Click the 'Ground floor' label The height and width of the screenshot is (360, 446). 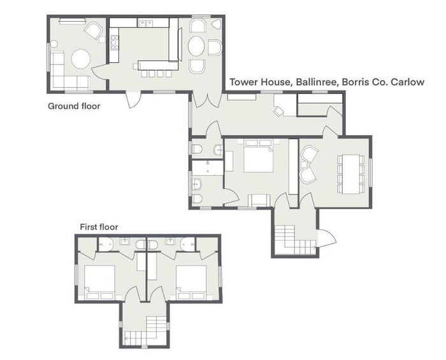point(74,106)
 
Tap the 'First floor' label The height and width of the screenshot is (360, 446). point(99,226)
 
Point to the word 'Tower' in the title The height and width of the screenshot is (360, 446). point(243,82)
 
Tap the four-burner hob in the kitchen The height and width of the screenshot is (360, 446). point(115,43)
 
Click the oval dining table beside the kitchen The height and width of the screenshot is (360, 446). point(198,47)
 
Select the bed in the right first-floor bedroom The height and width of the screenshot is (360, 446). point(192,281)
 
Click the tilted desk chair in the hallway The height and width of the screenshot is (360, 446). point(279,110)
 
